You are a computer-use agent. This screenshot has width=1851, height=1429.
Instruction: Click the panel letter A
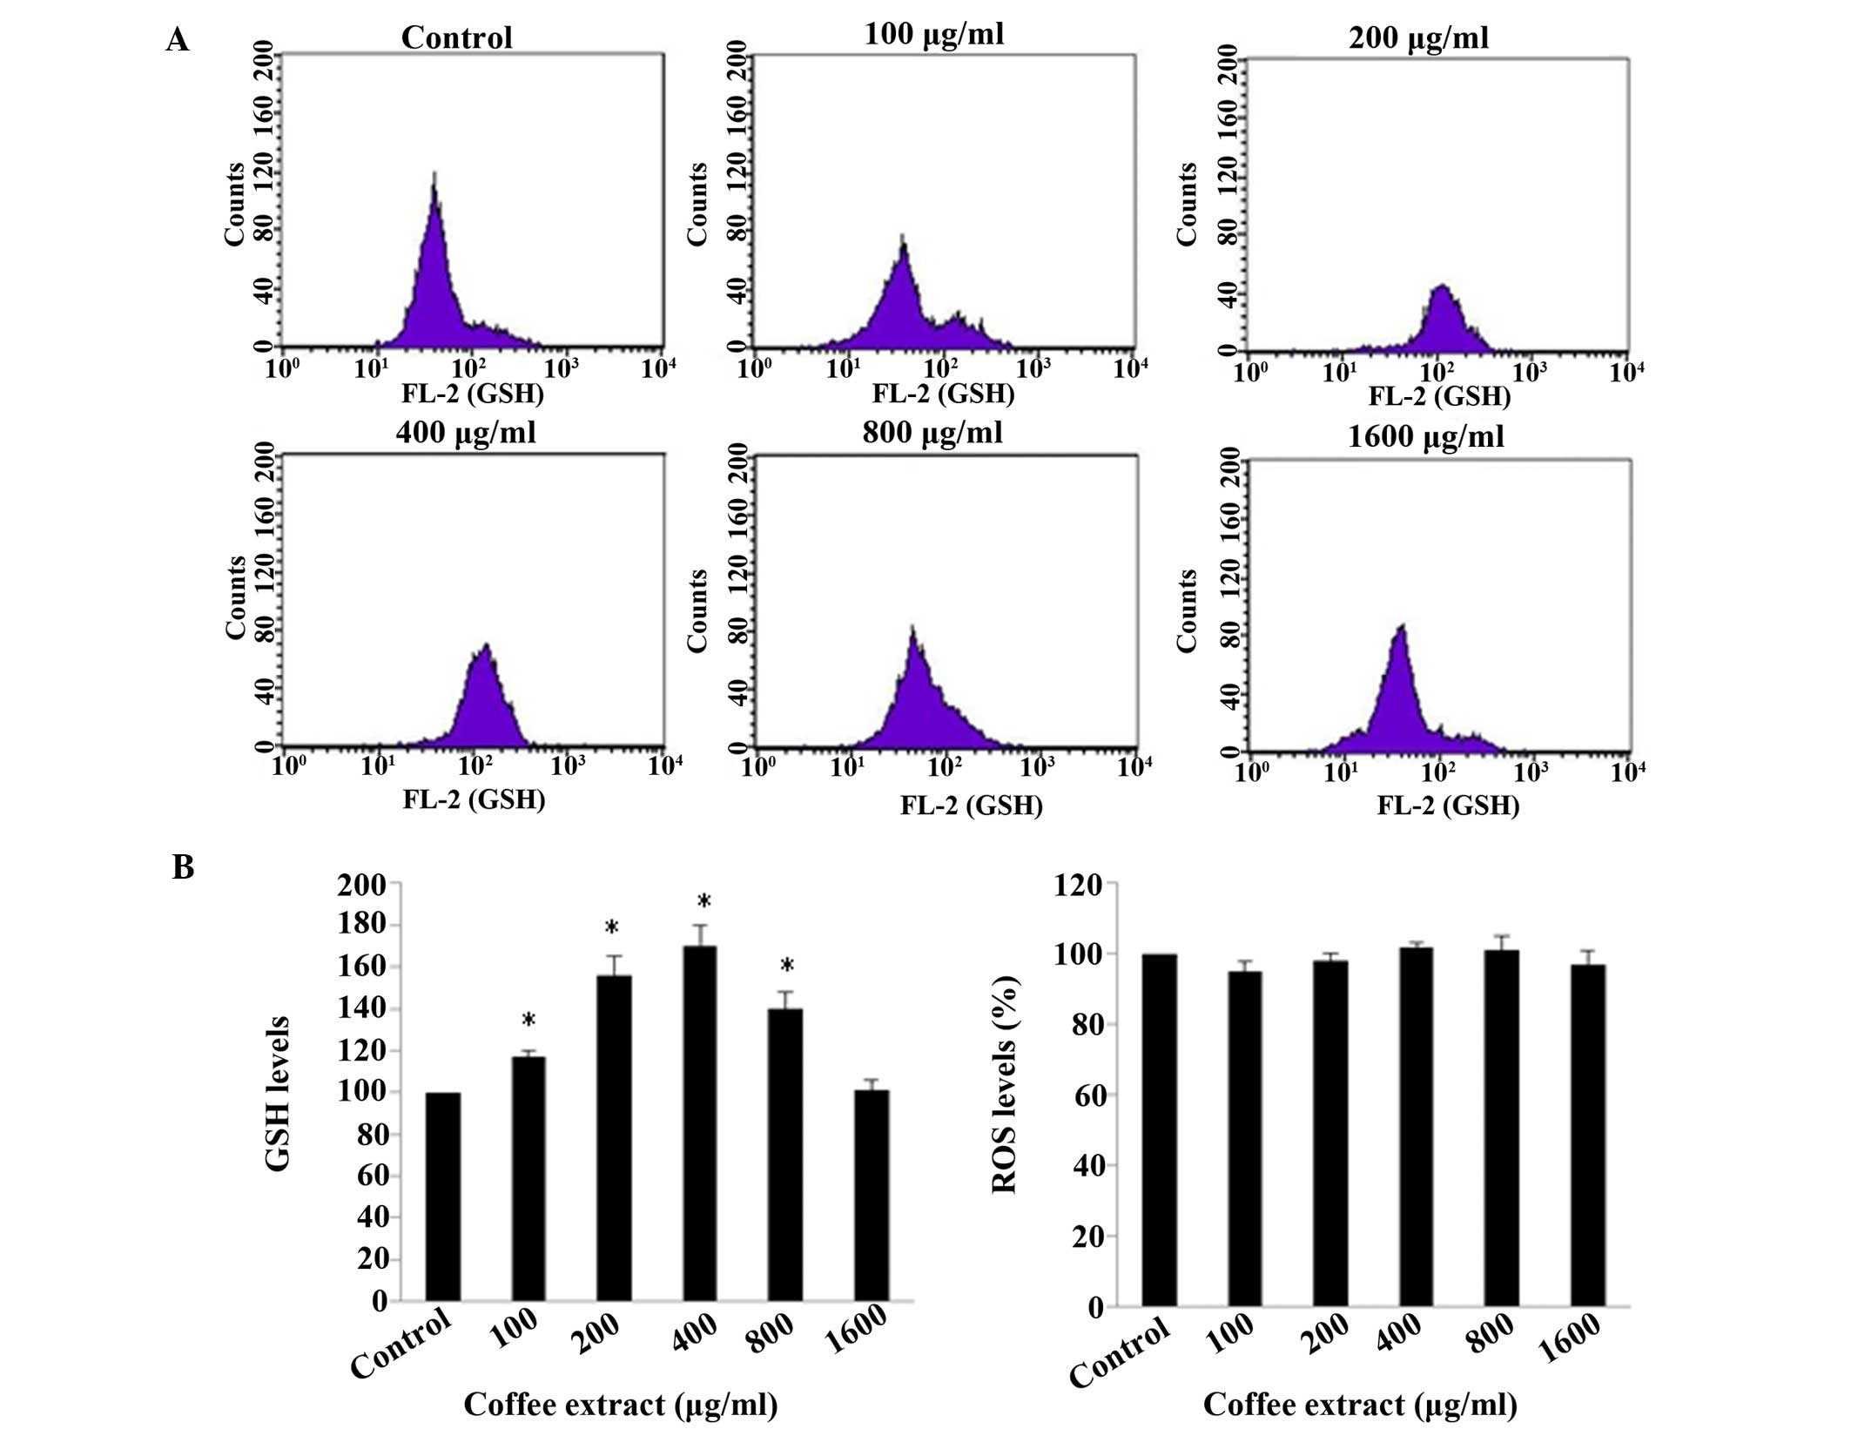[177, 40]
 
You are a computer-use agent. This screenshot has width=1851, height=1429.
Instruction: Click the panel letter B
[183, 867]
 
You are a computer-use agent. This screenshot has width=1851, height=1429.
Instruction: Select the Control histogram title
[456, 37]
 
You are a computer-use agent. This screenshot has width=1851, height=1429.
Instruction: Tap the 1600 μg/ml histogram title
[1425, 435]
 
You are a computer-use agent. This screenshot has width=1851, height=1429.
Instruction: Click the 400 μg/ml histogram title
[466, 432]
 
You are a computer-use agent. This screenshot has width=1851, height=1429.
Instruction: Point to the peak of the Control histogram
[434, 174]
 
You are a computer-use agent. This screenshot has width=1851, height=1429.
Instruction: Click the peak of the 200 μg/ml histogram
[1442, 286]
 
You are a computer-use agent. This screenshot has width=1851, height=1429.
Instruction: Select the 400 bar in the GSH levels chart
[699, 1123]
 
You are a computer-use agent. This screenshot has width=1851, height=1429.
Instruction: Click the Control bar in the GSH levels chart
[443, 1196]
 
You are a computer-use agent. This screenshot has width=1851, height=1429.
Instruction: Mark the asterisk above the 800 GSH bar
[786, 966]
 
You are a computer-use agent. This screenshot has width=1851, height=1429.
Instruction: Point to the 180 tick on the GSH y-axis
[361, 925]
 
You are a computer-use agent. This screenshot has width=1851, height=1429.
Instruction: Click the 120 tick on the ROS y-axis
[1078, 885]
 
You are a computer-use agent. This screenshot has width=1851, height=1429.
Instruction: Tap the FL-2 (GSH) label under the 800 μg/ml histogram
[971, 805]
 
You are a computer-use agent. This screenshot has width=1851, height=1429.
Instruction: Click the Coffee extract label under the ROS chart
[1360, 1404]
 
